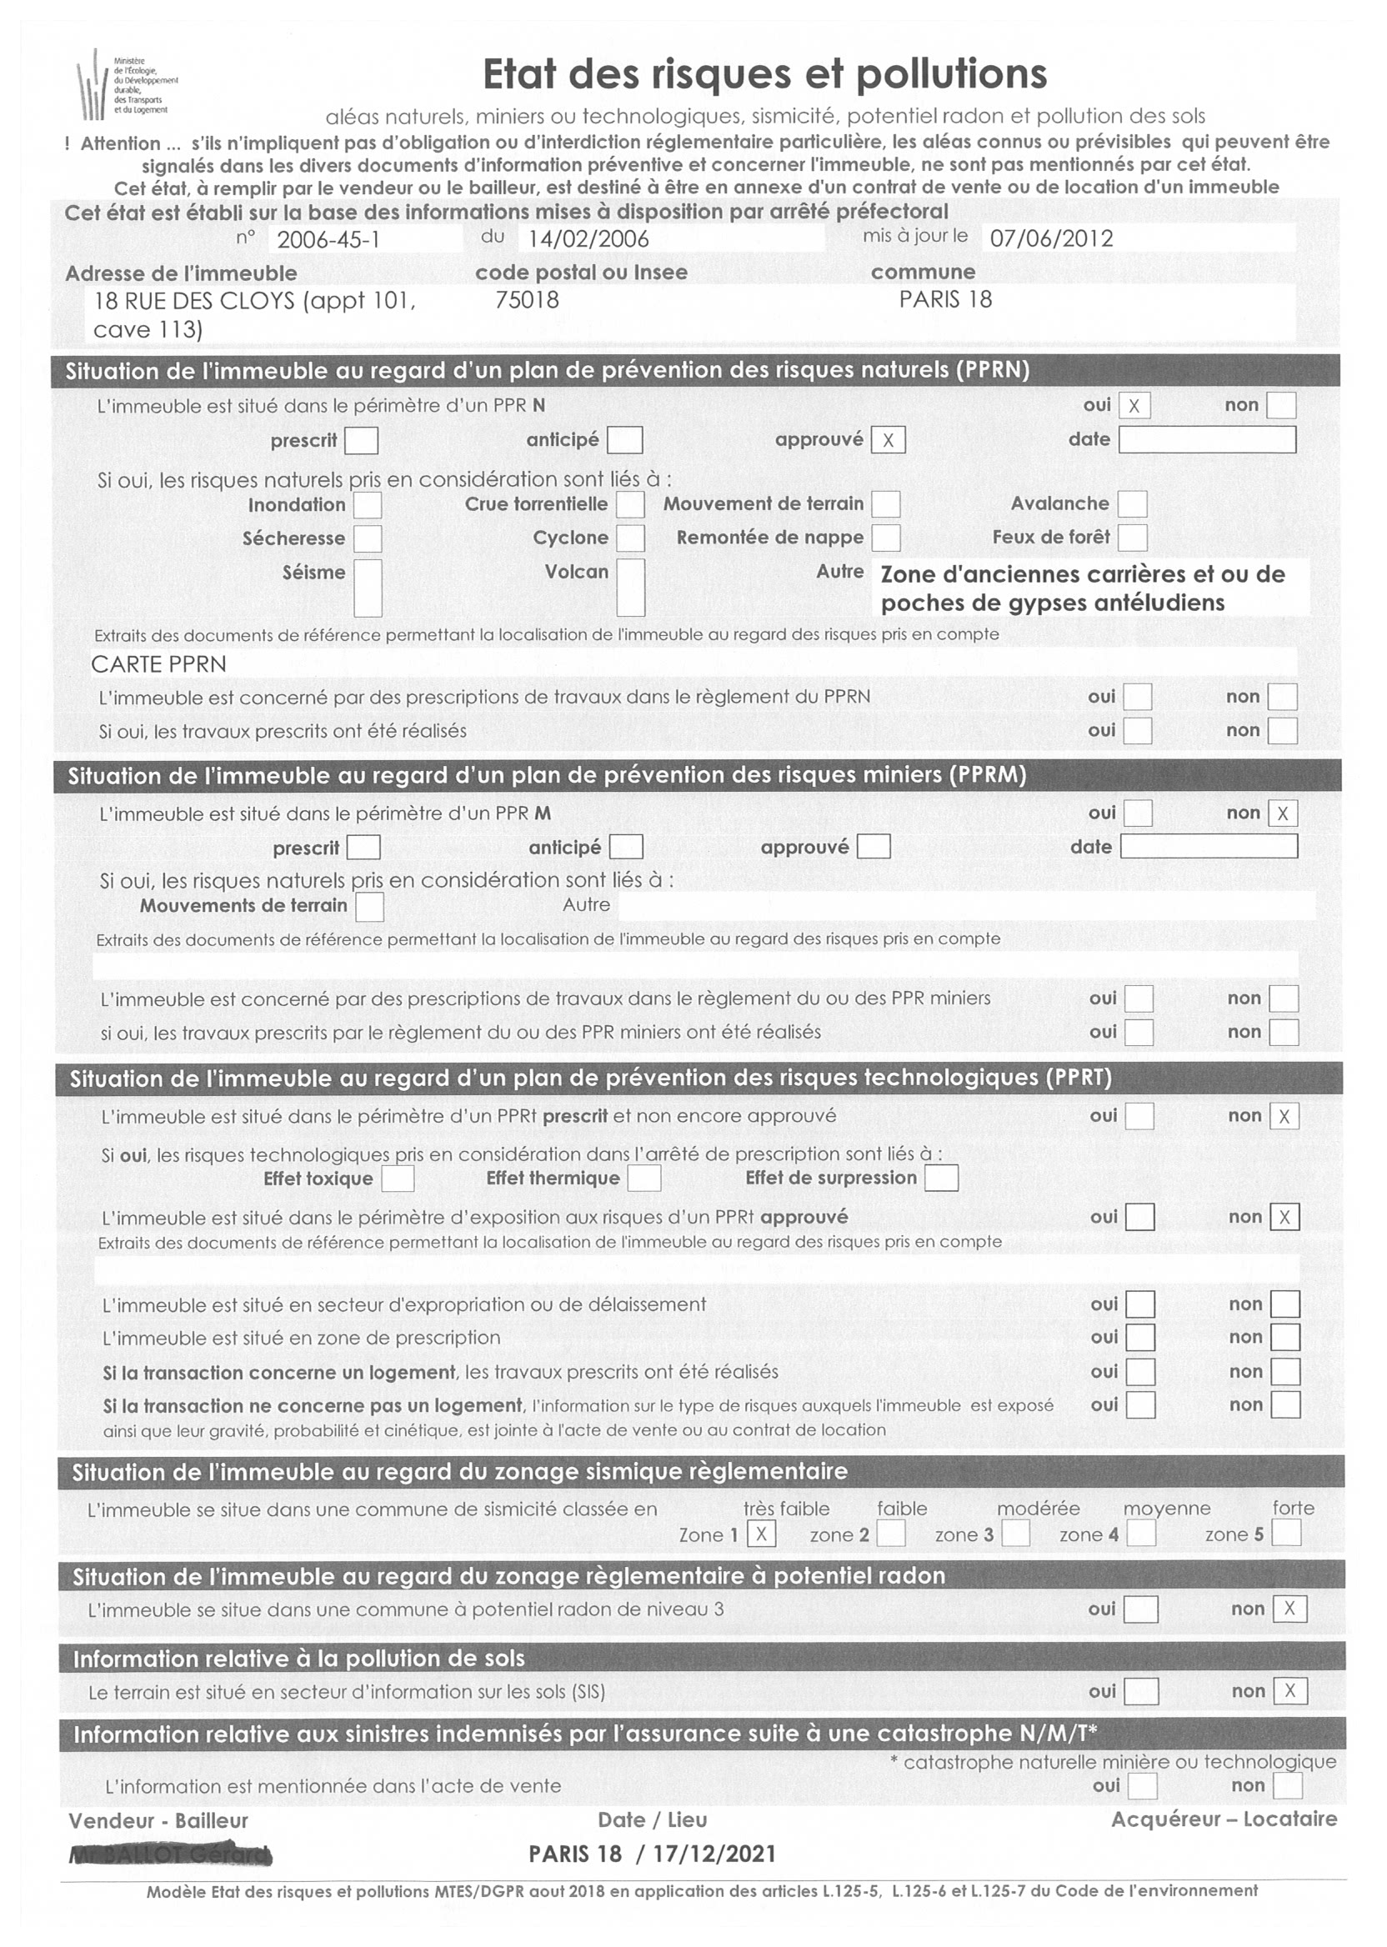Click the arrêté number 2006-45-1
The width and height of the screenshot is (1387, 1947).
click(328, 239)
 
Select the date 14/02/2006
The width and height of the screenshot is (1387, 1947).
click(588, 239)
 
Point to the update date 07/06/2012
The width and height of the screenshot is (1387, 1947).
click(1051, 238)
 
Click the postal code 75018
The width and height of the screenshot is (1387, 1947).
click(527, 300)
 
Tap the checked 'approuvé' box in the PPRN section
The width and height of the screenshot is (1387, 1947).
click(889, 440)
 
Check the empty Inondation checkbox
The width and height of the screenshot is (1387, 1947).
click(368, 505)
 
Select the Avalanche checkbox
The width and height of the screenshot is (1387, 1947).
click(1132, 503)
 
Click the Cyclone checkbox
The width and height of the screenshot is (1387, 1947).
click(630, 538)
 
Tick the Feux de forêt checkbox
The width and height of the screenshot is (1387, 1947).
click(1132, 537)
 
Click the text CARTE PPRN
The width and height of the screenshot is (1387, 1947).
click(159, 664)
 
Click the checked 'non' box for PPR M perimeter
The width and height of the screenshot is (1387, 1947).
click(1283, 813)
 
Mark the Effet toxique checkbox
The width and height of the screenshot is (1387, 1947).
click(397, 1179)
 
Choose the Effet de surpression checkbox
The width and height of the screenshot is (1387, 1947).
click(941, 1179)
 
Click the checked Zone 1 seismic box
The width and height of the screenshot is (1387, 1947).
click(761, 1534)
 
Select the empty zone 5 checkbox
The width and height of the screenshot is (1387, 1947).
click(1286, 1534)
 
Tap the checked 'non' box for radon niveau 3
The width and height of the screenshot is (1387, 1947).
click(1289, 1609)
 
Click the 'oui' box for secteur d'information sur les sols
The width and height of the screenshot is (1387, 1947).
click(1141, 1692)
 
